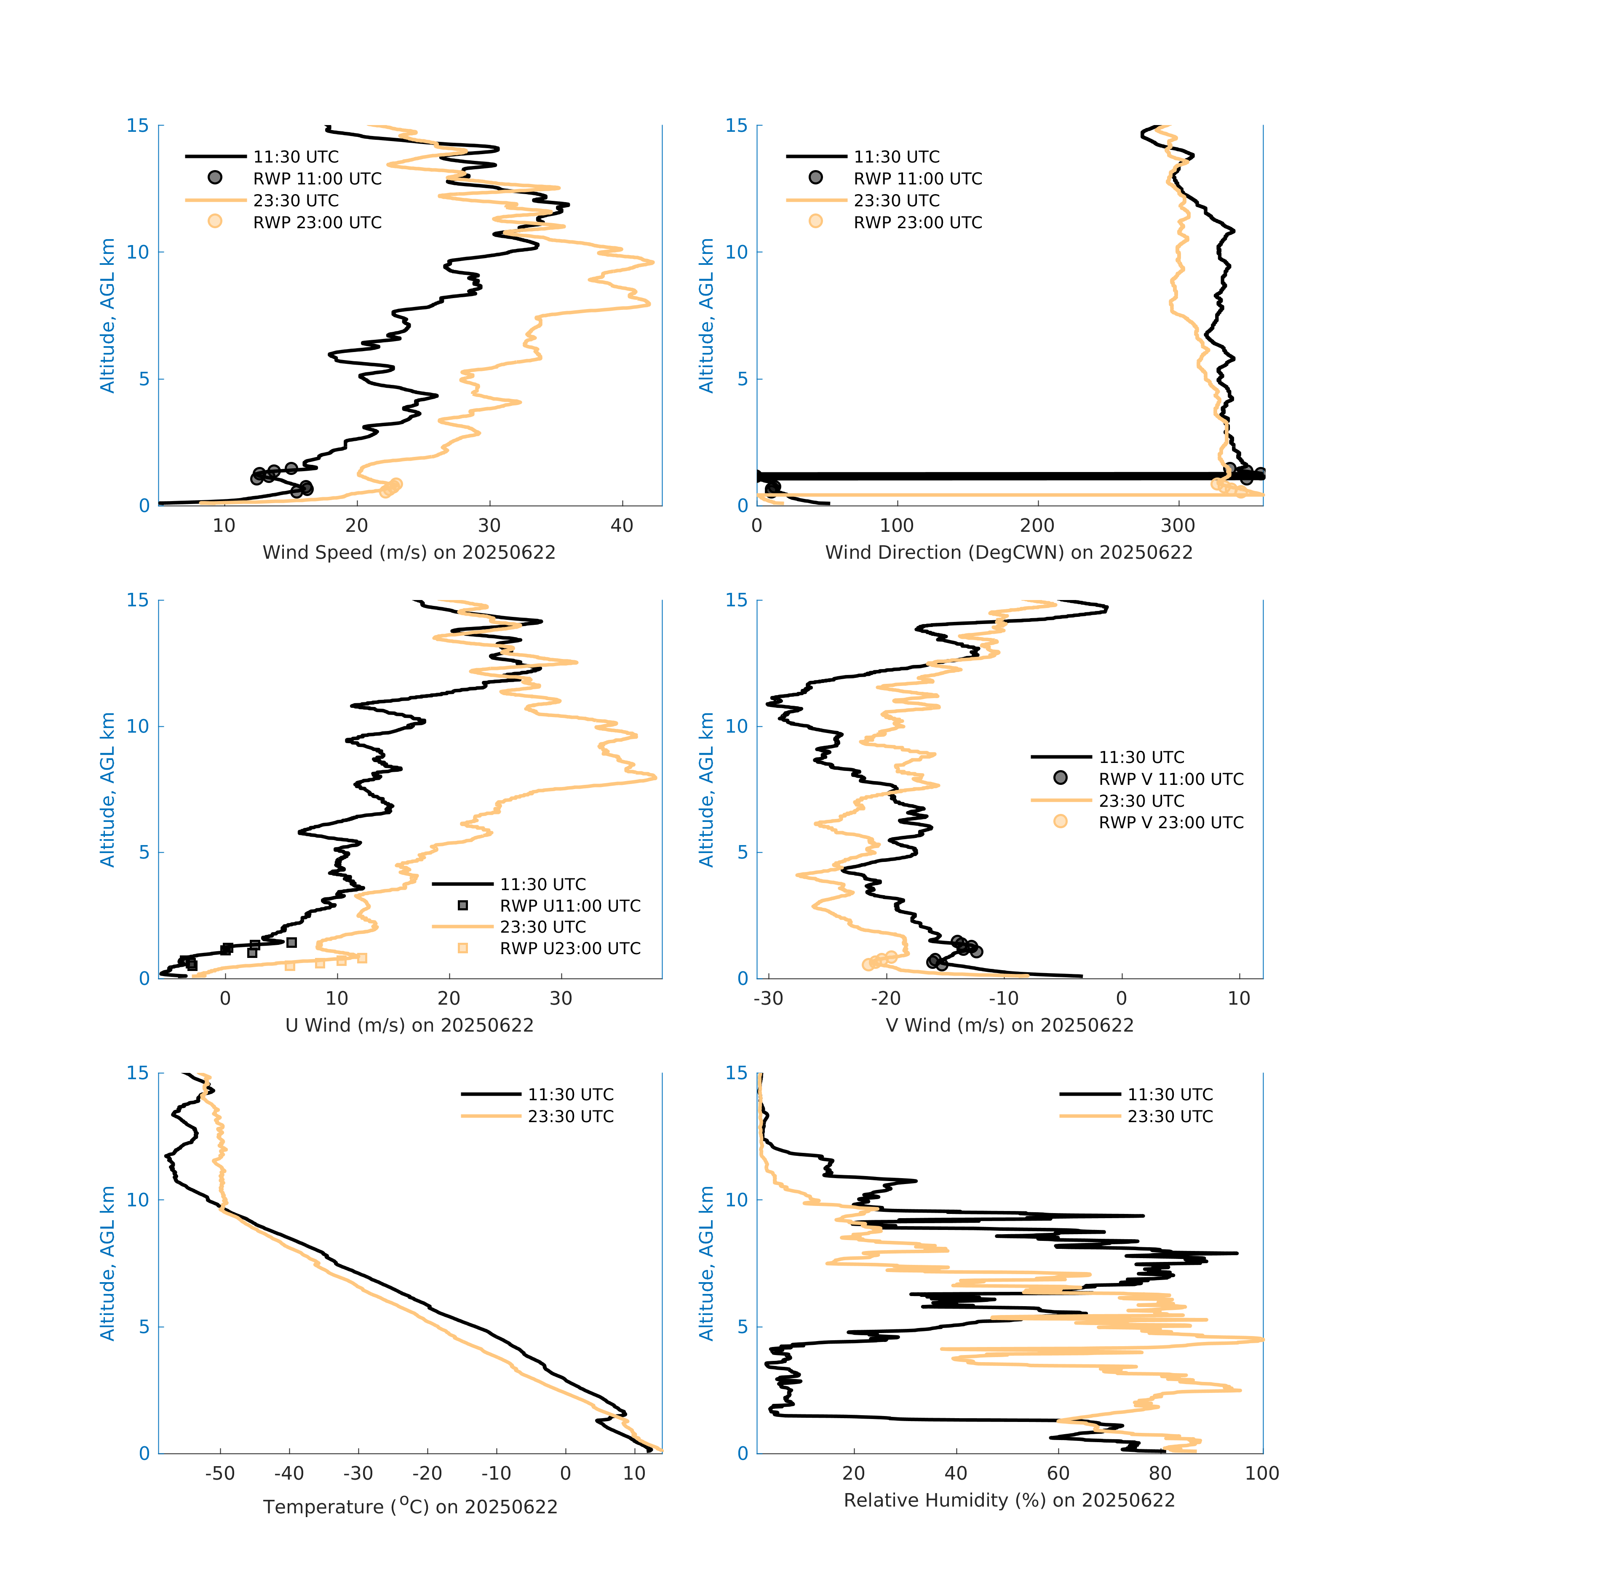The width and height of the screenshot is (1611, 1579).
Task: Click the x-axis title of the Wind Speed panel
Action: click(409, 552)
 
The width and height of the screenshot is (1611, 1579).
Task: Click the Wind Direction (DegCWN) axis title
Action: click(1009, 552)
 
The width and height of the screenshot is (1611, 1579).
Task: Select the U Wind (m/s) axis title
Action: click(409, 1025)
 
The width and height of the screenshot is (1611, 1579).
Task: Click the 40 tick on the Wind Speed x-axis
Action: click(621, 526)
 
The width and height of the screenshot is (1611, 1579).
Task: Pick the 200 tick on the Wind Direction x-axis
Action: click(1037, 526)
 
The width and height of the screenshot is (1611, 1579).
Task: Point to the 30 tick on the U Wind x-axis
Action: click(561, 998)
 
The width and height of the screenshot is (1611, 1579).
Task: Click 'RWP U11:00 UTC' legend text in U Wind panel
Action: click(570, 906)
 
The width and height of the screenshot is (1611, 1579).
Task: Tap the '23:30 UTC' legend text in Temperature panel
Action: click(571, 1116)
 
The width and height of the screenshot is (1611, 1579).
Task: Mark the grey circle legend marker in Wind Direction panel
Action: click(815, 177)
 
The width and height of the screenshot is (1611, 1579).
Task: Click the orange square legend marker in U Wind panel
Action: click(463, 948)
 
